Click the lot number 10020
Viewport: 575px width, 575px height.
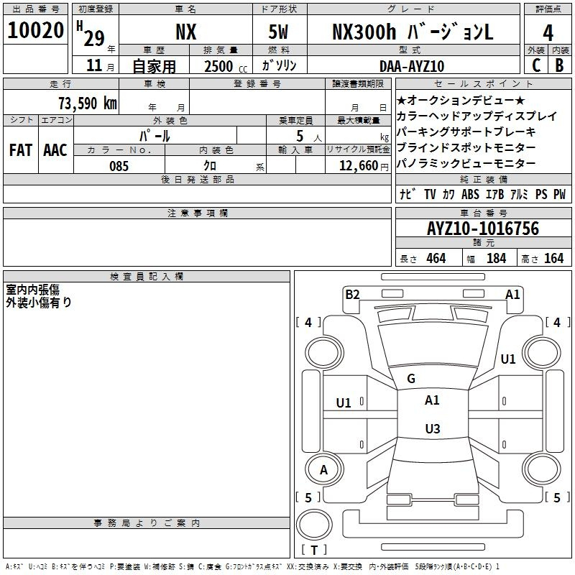click(x=36, y=32)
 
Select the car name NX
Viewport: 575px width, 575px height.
click(x=186, y=32)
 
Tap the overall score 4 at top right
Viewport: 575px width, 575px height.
click(x=548, y=32)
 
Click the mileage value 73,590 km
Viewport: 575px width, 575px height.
click(x=87, y=103)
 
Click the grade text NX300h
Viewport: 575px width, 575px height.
click(x=365, y=32)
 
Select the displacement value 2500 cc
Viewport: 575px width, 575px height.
click(x=219, y=66)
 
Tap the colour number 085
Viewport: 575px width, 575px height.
click(x=119, y=166)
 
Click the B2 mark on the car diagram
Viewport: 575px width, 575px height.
click(x=352, y=294)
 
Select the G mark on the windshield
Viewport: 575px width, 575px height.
click(x=411, y=379)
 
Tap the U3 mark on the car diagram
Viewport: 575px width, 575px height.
click(x=432, y=429)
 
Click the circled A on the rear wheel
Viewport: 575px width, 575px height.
click(x=323, y=470)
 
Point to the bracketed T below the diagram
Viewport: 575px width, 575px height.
click(x=313, y=550)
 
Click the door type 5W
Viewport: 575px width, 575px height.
click(x=279, y=32)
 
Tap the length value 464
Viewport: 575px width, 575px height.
click(x=436, y=258)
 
